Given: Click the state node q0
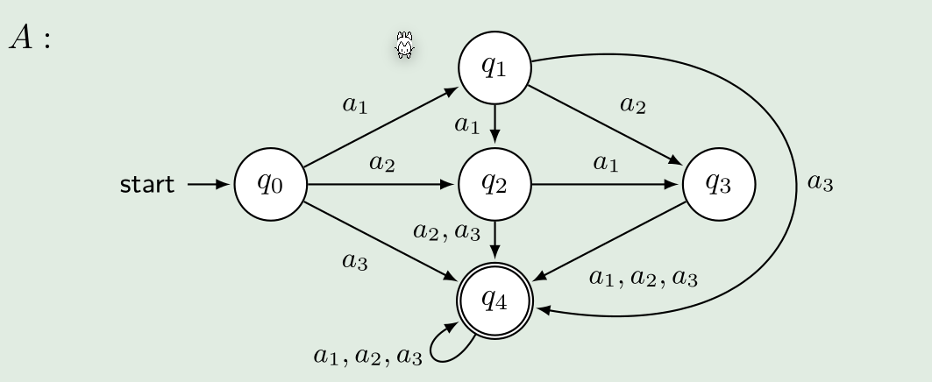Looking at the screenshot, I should click(x=270, y=184).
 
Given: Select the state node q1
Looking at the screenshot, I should click(x=495, y=68).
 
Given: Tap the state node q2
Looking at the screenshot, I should click(x=495, y=184).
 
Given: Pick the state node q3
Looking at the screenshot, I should click(x=719, y=184).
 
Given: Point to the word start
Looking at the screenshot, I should click(x=146, y=185).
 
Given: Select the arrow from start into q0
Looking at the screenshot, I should click(x=208, y=185).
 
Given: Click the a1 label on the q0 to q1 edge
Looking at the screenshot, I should click(x=354, y=106).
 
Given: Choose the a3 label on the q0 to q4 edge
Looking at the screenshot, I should click(x=354, y=261).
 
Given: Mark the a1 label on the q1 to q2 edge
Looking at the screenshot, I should click(x=467, y=125).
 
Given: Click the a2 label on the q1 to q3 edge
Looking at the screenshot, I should click(x=632, y=106).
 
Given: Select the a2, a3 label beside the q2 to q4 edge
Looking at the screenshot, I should click(x=447, y=232).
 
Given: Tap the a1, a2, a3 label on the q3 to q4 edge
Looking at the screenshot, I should click(x=644, y=279).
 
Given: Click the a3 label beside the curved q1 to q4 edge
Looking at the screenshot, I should click(x=820, y=184).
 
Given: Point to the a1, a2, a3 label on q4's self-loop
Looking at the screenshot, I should click(x=368, y=356).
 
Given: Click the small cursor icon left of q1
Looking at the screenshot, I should click(x=404, y=45).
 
